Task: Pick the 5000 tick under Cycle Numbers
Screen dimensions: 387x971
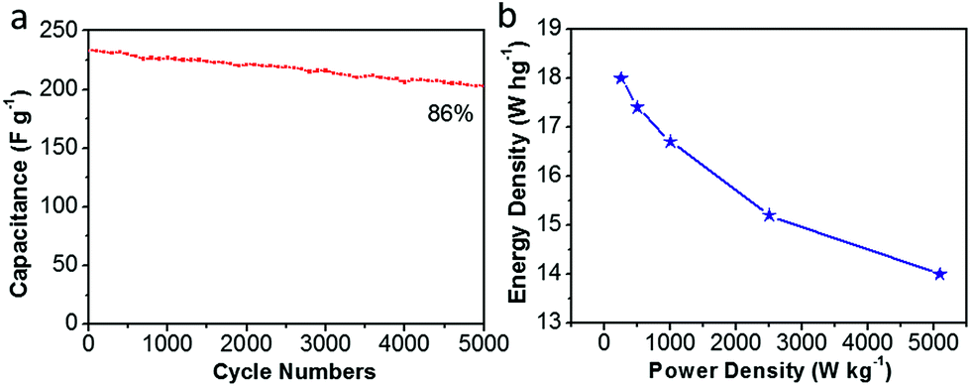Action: pyautogui.click(x=482, y=343)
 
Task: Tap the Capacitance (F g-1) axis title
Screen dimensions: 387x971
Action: pyautogui.click(x=20, y=178)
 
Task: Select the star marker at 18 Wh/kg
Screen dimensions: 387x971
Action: pyautogui.click(x=621, y=78)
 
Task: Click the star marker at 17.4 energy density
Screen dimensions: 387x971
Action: pyautogui.click(x=637, y=107)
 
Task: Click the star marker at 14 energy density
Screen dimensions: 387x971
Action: pyautogui.click(x=939, y=274)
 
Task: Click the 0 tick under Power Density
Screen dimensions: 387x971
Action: pyautogui.click(x=604, y=343)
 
